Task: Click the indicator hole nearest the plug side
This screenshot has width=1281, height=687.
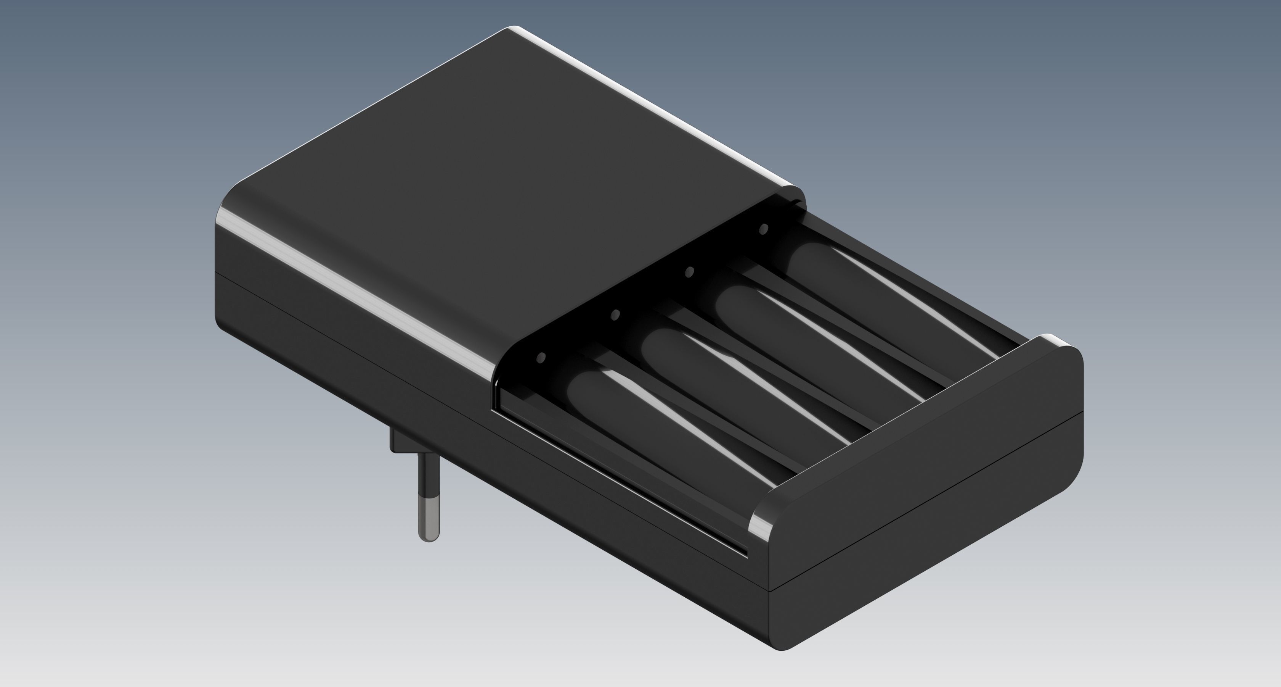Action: click(x=541, y=357)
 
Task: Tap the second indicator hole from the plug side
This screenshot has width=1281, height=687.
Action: click(x=615, y=314)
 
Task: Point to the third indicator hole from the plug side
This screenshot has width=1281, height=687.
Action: click(x=690, y=272)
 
